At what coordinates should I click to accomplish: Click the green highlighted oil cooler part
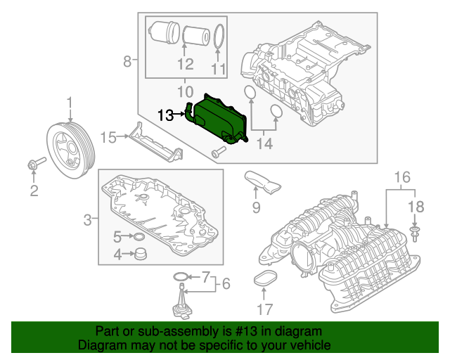(221, 120)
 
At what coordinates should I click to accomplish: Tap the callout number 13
(165, 115)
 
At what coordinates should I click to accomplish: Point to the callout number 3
(88, 220)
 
